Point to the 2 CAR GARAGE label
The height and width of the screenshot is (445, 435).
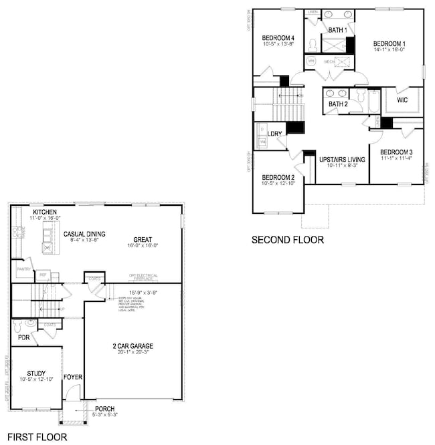coord(132,346)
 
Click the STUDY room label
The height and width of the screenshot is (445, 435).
coord(36,374)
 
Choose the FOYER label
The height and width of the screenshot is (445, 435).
coord(72,378)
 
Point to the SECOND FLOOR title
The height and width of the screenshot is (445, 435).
coord(287,239)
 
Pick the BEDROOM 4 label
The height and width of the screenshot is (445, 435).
coord(279,37)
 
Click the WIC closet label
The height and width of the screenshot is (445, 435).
coord(402,100)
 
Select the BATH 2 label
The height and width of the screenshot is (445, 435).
coord(338,104)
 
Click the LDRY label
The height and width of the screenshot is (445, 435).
coord(274,134)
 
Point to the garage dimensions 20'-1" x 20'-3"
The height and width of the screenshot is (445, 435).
coord(132,353)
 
